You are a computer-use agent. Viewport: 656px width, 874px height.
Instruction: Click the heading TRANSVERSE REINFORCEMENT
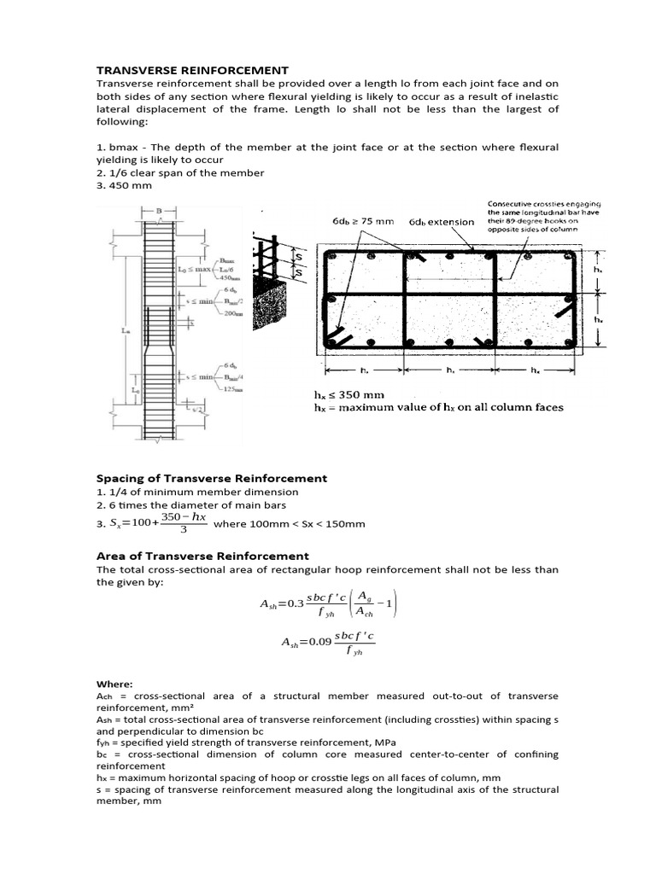(192, 70)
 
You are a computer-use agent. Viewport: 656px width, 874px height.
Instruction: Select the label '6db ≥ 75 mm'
(363, 221)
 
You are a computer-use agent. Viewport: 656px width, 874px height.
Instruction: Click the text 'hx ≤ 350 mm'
(349, 395)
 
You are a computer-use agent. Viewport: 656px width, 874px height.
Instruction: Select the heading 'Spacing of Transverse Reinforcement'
(212, 479)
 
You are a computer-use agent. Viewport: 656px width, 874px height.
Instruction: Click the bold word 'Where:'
(114, 684)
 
